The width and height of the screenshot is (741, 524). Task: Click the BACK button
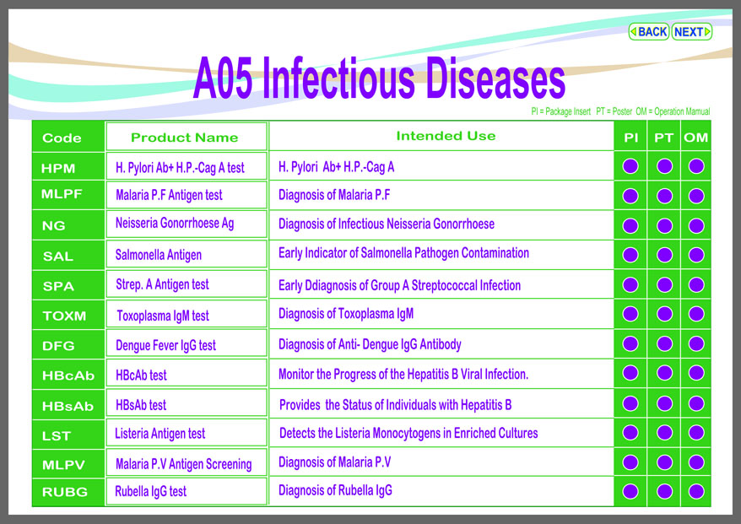click(x=648, y=32)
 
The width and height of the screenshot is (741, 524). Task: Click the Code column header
click(x=62, y=138)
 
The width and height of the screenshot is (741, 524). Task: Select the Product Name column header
click(x=184, y=138)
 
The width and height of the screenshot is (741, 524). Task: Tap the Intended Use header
click(x=446, y=136)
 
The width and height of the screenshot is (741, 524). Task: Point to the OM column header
click(x=695, y=138)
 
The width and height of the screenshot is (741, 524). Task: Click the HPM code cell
click(x=58, y=168)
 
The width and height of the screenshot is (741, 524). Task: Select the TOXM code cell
click(x=64, y=316)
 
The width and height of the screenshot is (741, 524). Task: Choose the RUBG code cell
click(x=65, y=492)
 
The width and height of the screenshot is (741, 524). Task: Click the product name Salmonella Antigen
click(x=159, y=255)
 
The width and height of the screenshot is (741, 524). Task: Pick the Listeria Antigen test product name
click(x=160, y=433)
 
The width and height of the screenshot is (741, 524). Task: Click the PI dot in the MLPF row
click(x=630, y=196)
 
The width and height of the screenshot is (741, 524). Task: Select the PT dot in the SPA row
click(x=664, y=285)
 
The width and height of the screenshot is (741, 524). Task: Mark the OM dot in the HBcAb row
click(x=696, y=373)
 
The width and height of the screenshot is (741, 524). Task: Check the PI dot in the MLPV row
click(x=630, y=462)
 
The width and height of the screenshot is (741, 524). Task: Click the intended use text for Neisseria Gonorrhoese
click(x=386, y=224)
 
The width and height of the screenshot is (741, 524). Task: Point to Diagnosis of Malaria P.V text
click(x=334, y=462)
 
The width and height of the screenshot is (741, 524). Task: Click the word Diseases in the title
click(x=495, y=78)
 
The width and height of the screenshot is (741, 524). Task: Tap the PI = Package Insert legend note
click(x=561, y=111)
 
